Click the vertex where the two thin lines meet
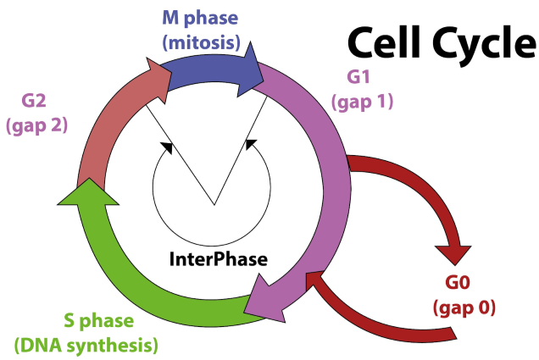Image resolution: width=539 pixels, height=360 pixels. pyautogui.click(x=214, y=204)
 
